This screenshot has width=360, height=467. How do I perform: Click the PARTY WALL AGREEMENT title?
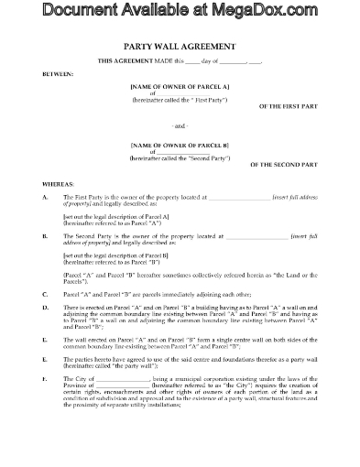point(180,45)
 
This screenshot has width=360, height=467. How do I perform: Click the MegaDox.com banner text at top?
point(180,10)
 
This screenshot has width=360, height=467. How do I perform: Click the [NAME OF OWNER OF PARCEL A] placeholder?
point(180,84)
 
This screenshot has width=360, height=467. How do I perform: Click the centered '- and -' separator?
point(180,126)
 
